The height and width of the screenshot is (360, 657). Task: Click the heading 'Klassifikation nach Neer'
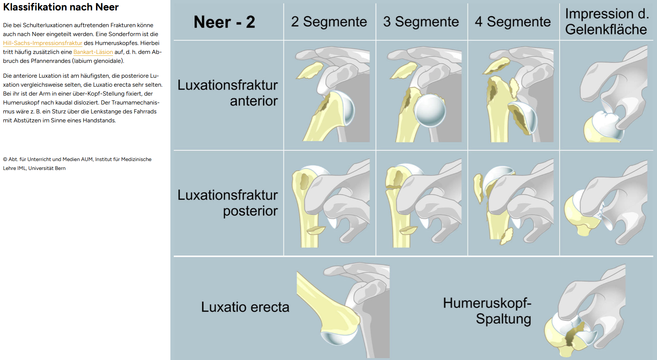click(x=61, y=7)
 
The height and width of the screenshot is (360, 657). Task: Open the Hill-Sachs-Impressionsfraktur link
click(x=42, y=43)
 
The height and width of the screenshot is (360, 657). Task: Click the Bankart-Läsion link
click(x=93, y=52)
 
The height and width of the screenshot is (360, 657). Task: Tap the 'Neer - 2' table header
click(x=224, y=22)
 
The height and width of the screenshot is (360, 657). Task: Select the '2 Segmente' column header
click(x=329, y=22)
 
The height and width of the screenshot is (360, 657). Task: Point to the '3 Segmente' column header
click(x=421, y=22)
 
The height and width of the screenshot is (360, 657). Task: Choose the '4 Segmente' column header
click(x=513, y=22)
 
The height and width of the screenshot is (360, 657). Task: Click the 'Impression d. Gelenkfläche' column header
click(x=606, y=22)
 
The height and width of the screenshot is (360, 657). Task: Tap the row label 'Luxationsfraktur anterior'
click(x=228, y=93)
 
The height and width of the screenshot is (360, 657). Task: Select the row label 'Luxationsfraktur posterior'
click(x=228, y=203)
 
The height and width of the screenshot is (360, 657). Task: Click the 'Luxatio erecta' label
click(x=245, y=307)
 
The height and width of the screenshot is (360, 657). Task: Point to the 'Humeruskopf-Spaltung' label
click(x=487, y=311)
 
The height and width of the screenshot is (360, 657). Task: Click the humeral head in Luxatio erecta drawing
click(x=339, y=335)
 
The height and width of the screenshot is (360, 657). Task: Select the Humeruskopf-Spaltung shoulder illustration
click(x=584, y=312)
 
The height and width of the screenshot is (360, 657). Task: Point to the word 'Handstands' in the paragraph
click(x=101, y=120)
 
